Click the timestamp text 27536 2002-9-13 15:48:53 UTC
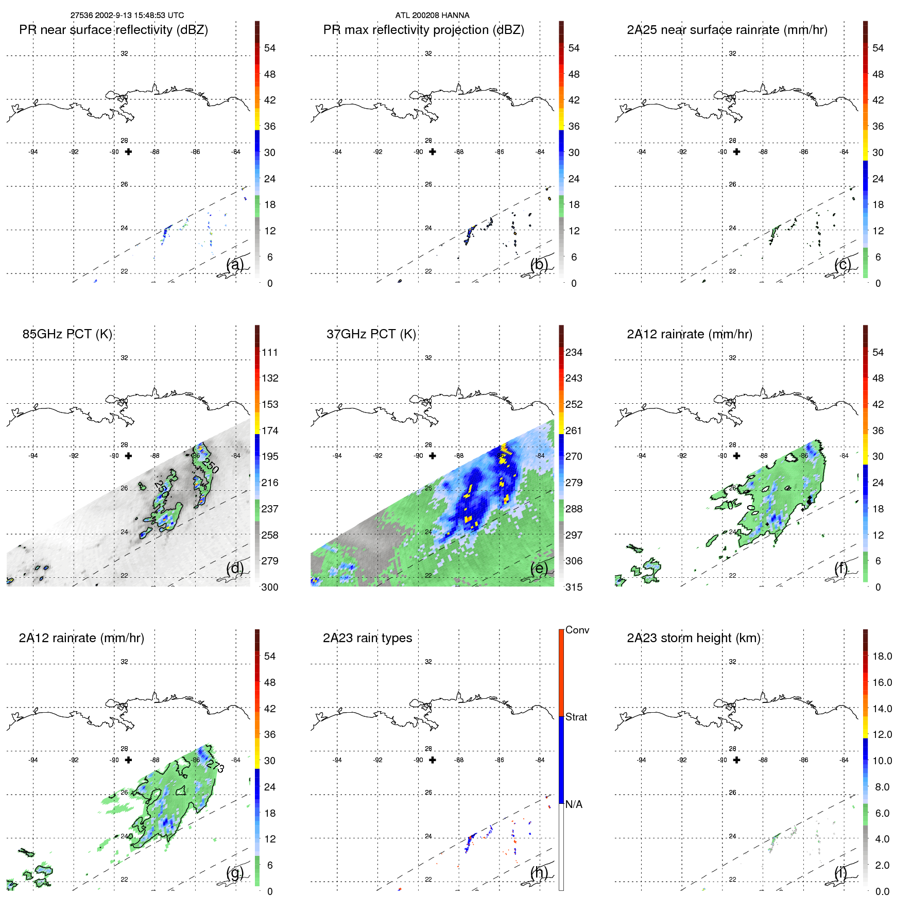point(127,15)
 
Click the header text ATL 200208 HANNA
point(432,15)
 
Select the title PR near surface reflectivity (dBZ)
point(113,30)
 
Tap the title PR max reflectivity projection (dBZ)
point(423,30)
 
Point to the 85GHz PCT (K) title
point(67,334)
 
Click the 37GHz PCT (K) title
point(371,334)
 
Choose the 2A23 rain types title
point(367,638)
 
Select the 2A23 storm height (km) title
point(693,638)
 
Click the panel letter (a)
point(235,264)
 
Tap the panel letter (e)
point(539,568)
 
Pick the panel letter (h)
point(539,872)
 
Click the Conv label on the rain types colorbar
point(577,630)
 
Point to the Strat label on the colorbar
point(576,717)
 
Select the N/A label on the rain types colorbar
point(574,804)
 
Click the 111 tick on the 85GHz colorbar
point(270,352)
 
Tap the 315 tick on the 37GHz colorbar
point(574,587)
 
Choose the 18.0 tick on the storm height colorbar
point(882,656)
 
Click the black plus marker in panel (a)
point(128,151)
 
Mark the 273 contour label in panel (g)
point(216,767)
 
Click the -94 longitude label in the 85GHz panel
point(33,456)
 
